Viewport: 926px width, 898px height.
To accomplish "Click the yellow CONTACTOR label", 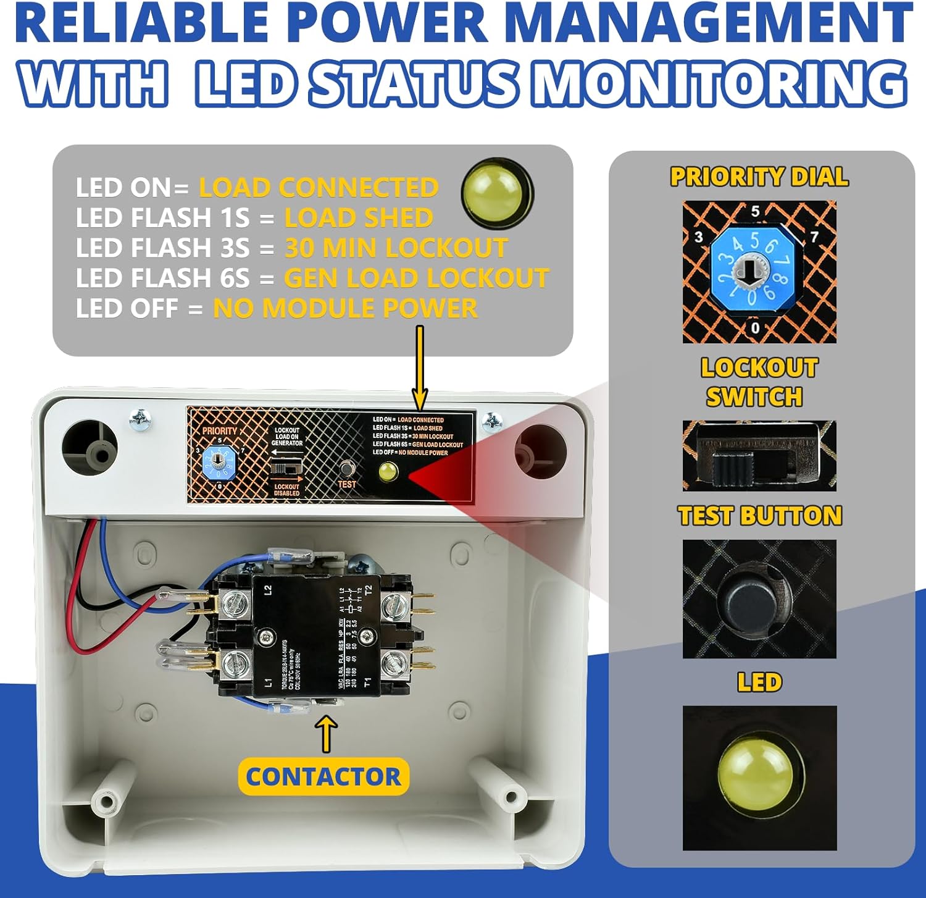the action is (x=323, y=776).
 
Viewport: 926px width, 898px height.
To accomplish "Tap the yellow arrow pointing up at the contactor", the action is (x=327, y=733).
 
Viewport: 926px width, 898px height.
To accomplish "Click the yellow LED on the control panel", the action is (x=387, y=472).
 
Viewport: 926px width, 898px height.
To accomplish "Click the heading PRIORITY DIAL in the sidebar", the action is (x=759, y=177).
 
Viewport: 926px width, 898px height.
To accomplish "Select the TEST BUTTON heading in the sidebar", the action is (x=759, y=516).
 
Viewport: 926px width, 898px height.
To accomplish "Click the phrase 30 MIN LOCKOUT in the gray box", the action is (x=396, y=248).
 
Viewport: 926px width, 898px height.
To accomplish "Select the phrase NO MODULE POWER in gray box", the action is (x=345, y=308).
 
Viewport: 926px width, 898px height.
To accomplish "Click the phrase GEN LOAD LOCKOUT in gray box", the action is (x=416, y=279).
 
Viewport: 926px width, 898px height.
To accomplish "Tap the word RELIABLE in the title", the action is (x=142, y=23).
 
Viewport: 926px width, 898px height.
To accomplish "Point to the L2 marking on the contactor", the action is (x=268, y=590).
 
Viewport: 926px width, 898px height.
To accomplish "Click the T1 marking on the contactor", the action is (x=367, y=682).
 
